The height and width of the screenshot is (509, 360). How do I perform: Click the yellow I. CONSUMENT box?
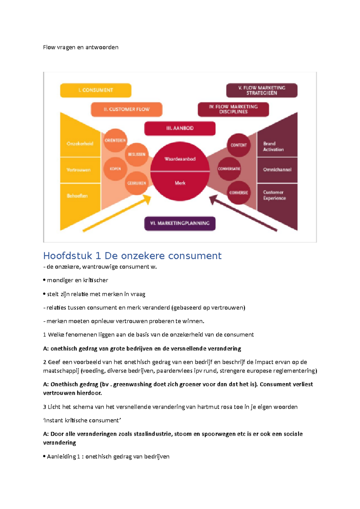tap(96, 90)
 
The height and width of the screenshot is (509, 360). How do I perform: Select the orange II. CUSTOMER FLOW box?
tap(127, 109)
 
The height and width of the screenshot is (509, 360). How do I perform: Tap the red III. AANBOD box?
tap(180, 128)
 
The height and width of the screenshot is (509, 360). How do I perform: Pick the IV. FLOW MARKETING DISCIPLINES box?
tap(233, 109)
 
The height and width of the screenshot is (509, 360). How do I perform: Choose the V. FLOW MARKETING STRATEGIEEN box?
tap(262, 90)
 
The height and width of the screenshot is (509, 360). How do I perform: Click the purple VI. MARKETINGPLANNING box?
tap(180, 223)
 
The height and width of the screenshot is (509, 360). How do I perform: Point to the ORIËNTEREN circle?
tap(115, 140)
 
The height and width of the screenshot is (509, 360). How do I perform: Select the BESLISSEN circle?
tap(136, 154)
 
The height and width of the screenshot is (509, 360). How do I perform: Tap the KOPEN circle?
tap(115, 169)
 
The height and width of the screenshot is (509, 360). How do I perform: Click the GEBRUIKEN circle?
tap(136, 183)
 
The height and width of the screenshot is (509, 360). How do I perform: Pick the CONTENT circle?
tap(238, 145)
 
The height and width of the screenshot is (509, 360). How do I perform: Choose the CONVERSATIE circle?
tap(229, 169)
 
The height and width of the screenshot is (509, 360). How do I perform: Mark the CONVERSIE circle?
tap(238, 192)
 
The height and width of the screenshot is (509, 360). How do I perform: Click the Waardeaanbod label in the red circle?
tap(180, 159)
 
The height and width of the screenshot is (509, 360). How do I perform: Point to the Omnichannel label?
tap(277, 170)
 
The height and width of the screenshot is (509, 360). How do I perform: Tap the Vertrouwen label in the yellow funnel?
tap(79, 170)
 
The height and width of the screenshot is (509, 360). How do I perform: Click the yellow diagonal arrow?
tap(117, 213)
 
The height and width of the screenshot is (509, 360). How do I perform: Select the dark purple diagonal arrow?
tap(243, 213)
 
